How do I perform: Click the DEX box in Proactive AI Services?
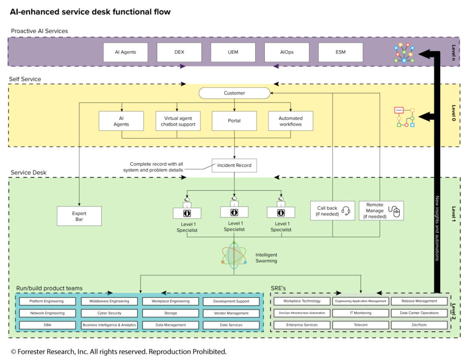[x=179, y=52]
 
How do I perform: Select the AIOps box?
[x=286, y=52]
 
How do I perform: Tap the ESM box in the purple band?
[x=340, y=52]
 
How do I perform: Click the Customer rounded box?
[x=234, y=93]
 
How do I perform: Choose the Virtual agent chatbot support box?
[x=178, y=121]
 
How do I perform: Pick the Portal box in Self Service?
[x=234, y=121]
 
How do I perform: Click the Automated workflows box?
[x=291, y=121]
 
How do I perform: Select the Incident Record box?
[x=234, y=165]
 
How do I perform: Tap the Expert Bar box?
[x=79, y=216]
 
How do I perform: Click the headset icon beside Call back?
[x=346, y=211]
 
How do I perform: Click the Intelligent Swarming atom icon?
[x=235, y=255]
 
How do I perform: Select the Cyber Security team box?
[x=109, y=313]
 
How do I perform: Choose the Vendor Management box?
[x=231, y=313]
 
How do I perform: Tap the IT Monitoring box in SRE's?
[x=360, y=313]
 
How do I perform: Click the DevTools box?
[x=419, y=325]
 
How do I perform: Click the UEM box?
[x=233, y=52]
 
